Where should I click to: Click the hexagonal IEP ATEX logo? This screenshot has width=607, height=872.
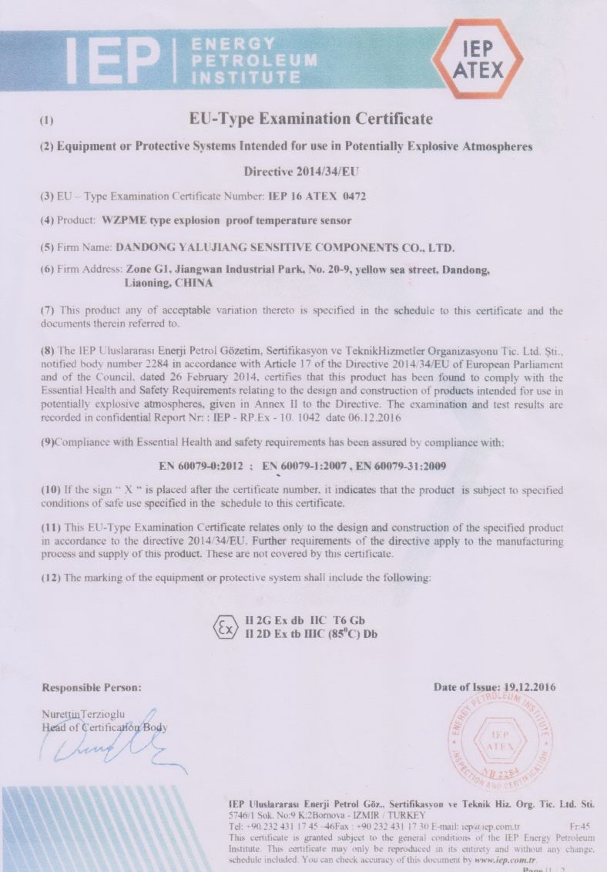tap(478, 60)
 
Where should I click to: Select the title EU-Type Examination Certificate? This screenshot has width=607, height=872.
tap(310, 119)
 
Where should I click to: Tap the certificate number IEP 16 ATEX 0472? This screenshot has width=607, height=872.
tap(316, 196)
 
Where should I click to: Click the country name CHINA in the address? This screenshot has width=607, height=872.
tap(195, 283)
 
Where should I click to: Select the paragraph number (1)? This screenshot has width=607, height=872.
tap(47, 121)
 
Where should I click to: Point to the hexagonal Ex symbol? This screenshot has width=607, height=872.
tap(225, 628)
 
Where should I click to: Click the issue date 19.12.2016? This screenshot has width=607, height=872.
tap(524, 687)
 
